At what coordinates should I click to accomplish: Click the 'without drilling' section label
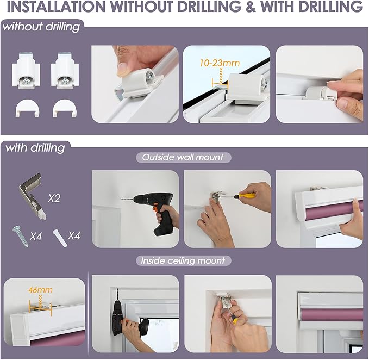[x=41, y=27]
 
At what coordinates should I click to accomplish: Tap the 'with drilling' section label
[x=35, y=148]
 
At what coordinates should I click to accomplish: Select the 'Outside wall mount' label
[x=183, y=157]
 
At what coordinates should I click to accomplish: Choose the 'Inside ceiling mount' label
[x=183, y=260]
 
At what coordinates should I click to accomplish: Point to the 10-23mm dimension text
[x=220, y=63]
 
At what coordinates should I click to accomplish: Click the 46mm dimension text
[x=40, y=290]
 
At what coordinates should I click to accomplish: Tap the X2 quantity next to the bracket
[x=54, y=198]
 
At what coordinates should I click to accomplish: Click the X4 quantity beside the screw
[x=36, y=236]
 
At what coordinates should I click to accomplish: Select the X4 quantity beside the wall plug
[x=74, y=235]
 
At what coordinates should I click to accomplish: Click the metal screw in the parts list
[x=20, y=237]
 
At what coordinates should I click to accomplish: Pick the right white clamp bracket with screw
[x=65, y=71]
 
